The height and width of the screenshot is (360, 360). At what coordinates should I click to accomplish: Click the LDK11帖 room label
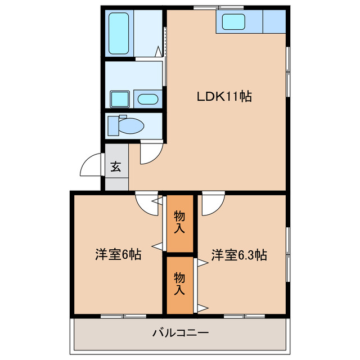click(224, 96)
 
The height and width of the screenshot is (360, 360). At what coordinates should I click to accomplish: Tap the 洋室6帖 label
click(117, 254)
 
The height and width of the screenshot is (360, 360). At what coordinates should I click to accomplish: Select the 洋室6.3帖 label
click(239, 254)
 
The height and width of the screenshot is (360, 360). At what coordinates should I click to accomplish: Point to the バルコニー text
click(180, 333)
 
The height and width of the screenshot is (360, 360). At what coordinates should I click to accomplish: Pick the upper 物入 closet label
click(179, 222)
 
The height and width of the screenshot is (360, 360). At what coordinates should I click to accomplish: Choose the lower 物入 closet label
click(179, 284)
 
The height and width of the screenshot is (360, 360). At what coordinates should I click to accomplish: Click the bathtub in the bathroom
click(120, 34)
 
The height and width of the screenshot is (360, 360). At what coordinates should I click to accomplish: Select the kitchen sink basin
click(233, 23)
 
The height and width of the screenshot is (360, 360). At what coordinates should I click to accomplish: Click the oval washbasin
click(148, 100)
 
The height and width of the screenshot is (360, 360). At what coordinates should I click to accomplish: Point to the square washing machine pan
click(120, 99)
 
